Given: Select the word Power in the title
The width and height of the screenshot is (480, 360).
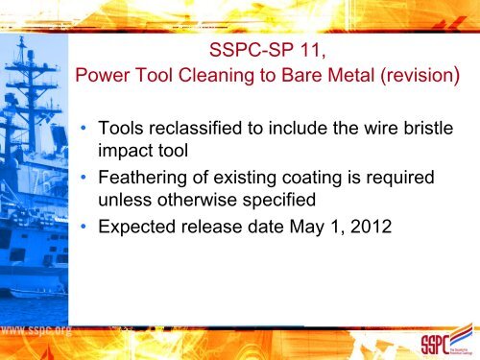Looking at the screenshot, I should coord(100,76).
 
